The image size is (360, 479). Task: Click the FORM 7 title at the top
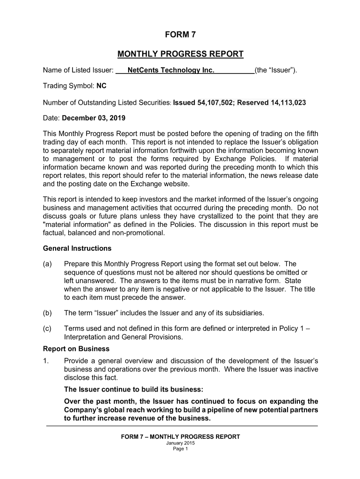pos(180,35)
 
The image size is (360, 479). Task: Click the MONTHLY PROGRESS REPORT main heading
pos(180,54)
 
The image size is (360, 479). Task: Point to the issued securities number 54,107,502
pos(214,102)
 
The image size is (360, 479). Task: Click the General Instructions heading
pos(77,248)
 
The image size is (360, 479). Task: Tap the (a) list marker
pos(47,264)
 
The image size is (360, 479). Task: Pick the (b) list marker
pos(47,312)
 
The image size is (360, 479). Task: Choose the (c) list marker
pos(47,328)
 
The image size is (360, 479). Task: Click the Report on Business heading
pos(76,348)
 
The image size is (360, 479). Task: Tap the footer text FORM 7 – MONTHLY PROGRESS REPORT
pos(180,437)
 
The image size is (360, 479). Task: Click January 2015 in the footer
pos(180,443)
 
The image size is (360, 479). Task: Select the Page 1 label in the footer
pos(180,449)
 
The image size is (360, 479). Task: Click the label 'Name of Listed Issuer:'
pos(78,71)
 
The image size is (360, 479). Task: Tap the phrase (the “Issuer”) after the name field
pos(276,71)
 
